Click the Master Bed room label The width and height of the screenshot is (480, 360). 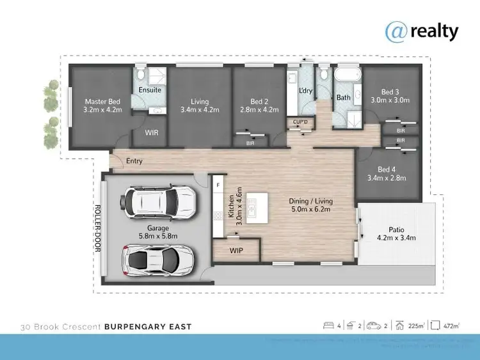pos(102,101)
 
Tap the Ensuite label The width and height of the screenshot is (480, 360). pos(150,90)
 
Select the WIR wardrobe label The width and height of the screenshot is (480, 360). pos(152,133)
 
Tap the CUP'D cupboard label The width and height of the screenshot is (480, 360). pos(301,121)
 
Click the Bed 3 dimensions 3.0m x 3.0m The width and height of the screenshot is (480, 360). pos(390,100)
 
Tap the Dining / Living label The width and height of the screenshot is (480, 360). pos(312,201)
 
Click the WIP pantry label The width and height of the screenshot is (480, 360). pos(236,251)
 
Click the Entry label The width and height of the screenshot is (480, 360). pos(134,161)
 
